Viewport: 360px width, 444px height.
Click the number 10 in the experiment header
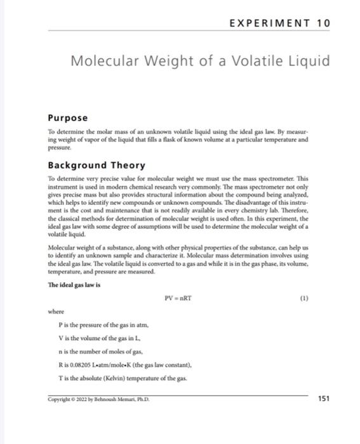[323, 23]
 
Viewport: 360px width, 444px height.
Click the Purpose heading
[67, 117]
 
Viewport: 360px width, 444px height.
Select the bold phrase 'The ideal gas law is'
[75, 285]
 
